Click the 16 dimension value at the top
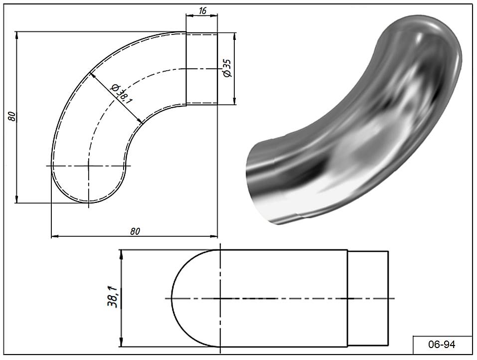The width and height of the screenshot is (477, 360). (202, 10)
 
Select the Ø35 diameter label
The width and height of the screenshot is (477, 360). (227, 68)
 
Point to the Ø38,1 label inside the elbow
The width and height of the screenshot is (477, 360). (121, 93)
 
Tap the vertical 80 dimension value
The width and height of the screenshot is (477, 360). (11, 116)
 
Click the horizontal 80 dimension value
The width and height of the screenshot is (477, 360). (135, 231)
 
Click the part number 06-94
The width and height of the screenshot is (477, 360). (442, 345)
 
